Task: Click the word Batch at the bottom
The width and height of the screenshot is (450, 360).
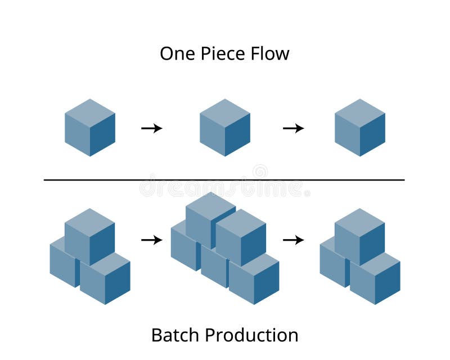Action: tap(176, 335)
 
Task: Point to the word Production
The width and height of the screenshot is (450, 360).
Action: tap(251, 335)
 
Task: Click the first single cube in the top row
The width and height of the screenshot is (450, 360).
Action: tap(90, 127)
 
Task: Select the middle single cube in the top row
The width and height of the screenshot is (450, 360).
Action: tap(225, 127)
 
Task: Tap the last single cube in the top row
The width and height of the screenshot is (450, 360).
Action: tap(360, 127)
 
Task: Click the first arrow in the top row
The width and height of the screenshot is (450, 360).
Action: tap(152, 128)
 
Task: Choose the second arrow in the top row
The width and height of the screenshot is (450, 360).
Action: tap(293, 128)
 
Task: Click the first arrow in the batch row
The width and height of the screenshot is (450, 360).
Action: tap(152, 240)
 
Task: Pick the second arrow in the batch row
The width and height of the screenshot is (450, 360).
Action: tap(293, 240)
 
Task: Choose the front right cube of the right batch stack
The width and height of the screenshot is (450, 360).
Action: tap(375, 278)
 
